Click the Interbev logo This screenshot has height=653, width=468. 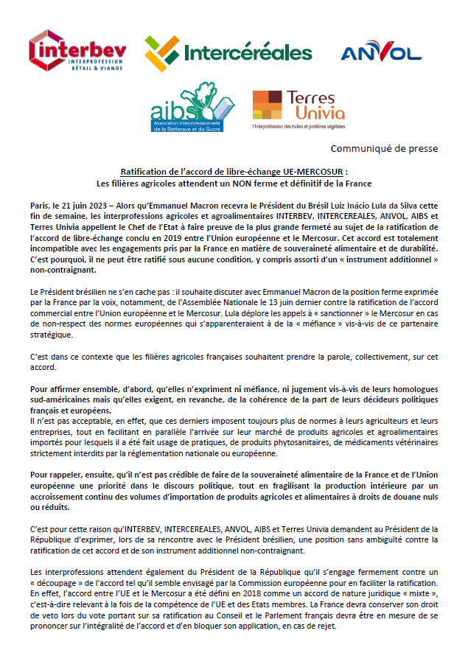coord(77,52)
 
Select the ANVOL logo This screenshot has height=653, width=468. coord(381,52)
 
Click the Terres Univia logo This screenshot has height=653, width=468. coord(298,109)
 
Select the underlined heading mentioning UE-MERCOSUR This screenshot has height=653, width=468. coord(234,170)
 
